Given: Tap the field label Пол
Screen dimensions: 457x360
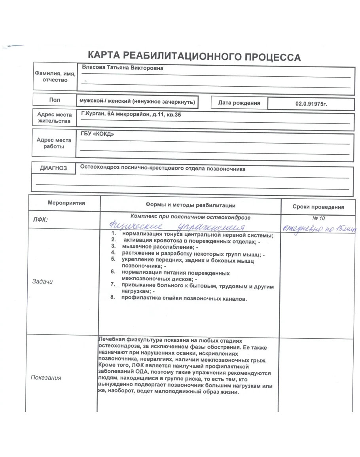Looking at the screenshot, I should point(54,101).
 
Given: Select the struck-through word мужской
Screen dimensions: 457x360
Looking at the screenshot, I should point(92,101).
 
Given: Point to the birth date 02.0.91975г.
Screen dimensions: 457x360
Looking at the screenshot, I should point(311,104).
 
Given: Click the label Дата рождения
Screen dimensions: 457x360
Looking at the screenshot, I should point(239,103).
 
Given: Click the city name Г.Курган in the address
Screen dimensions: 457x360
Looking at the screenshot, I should point(92,114).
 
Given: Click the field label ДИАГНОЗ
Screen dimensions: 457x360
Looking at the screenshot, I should point(53,168).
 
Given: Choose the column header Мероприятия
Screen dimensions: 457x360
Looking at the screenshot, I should point(66,203).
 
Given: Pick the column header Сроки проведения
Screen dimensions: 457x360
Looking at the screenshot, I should point(318,207).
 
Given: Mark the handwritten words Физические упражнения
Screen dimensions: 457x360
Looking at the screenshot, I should point(176,227).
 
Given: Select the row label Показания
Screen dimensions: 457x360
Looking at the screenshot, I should point(46,377).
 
